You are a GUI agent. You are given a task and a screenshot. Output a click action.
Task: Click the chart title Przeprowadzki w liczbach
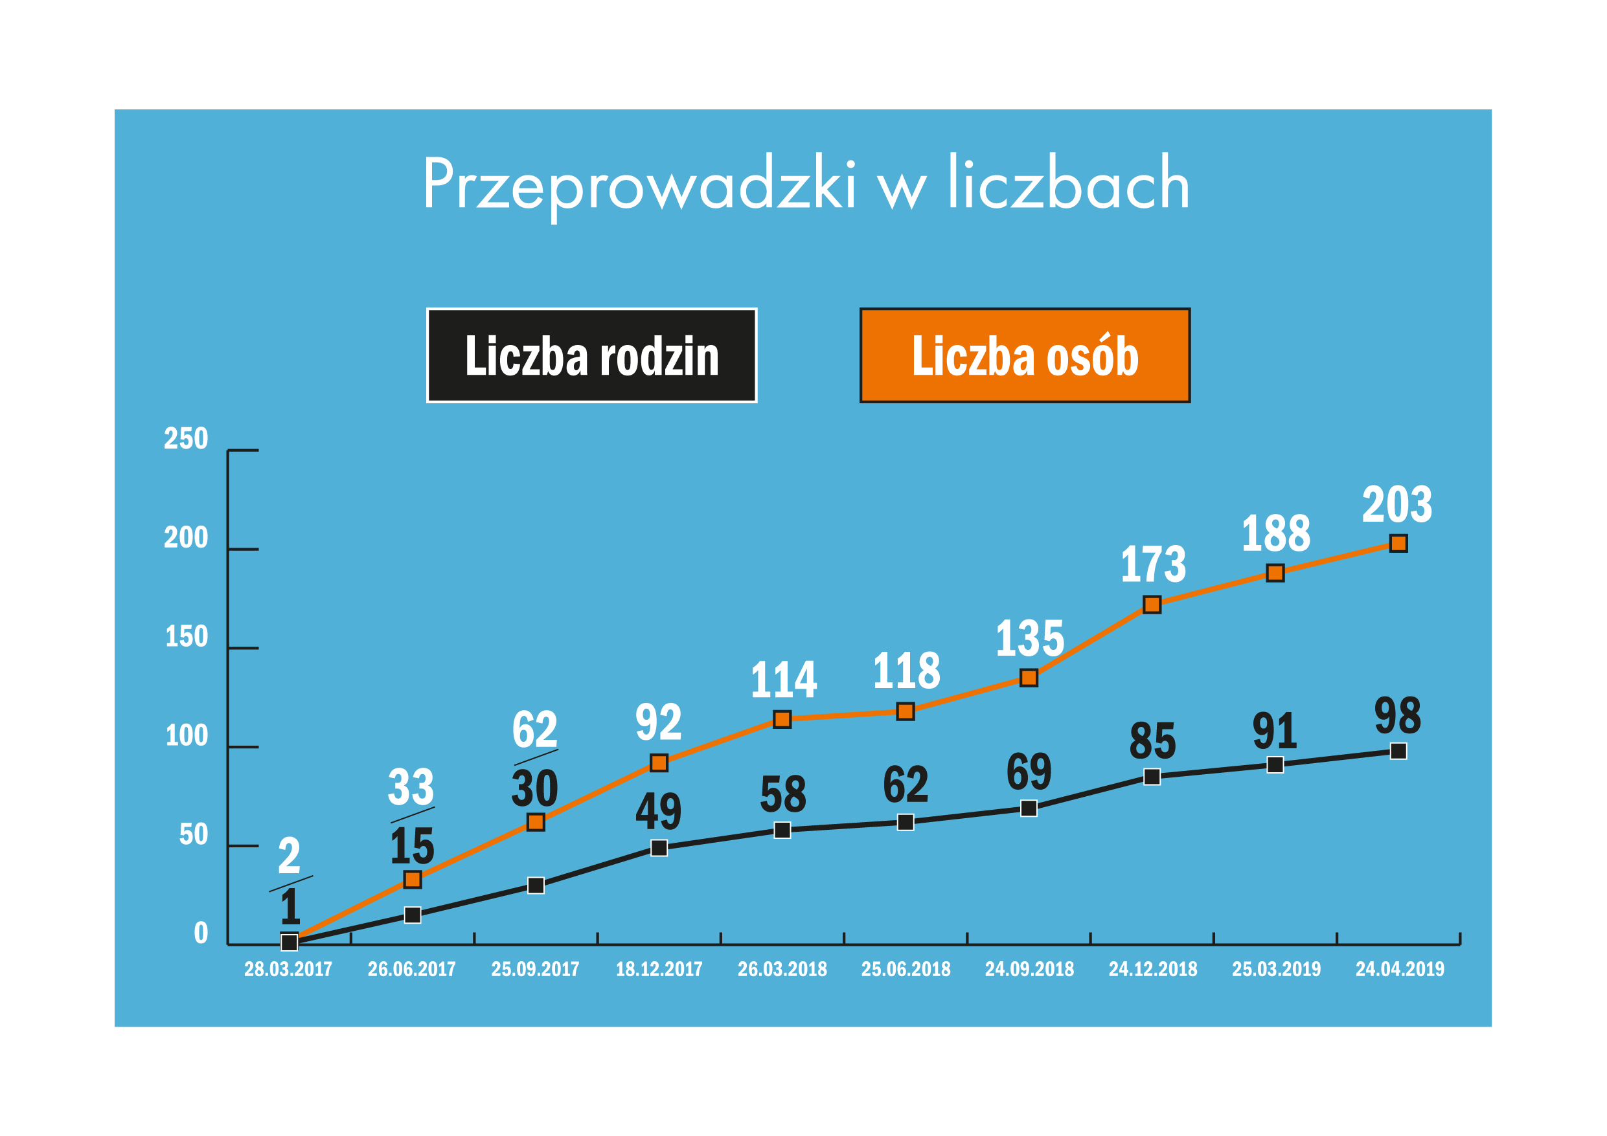click(806, 183)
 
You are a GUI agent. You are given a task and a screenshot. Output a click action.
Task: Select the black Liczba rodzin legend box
click(591, 355)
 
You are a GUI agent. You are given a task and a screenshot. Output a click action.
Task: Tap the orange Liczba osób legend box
click(1025, 355)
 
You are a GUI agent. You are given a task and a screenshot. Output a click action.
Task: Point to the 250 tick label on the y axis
click(186, 439)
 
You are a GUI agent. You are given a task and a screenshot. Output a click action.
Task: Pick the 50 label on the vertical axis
click(194, 834)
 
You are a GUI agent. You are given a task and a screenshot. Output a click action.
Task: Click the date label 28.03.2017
click(288, 969)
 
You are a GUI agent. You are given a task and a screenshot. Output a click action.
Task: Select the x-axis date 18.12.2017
click(659, 969)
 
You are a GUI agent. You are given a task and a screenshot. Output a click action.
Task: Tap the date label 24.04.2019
click(1400, 969)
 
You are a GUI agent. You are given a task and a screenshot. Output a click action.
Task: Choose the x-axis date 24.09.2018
click(1029, 969)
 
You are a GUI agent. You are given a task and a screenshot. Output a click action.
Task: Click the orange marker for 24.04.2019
click(1398, 544)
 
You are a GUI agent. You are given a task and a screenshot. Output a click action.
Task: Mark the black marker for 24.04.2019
click(1398, 752)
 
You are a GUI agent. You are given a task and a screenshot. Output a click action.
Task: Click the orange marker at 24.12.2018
click(1152, 605)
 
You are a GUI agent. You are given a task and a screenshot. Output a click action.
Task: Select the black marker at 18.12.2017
click(659, 848)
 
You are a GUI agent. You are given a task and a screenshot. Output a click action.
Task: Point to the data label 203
click(1397, 504)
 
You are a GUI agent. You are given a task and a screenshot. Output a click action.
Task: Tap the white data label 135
click(1030, 638)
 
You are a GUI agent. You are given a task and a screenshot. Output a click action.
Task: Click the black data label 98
click(1398, 716)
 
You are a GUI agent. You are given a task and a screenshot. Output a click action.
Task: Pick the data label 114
click(783, 679)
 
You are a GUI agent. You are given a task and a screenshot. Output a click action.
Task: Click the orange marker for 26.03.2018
click(782, 719)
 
